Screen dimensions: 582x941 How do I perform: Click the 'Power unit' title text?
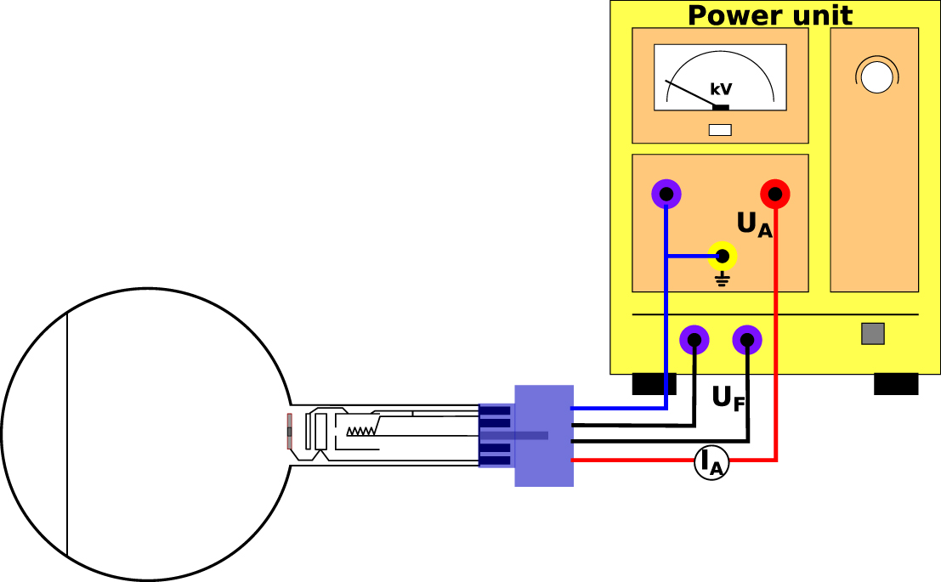[769, 14]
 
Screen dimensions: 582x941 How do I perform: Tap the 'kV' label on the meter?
[721, 89]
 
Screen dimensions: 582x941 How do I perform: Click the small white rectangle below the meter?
[720, 130]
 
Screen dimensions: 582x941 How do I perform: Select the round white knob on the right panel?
[876, 76]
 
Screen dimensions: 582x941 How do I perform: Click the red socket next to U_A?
[775, 195]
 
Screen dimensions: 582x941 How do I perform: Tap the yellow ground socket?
[723, 255]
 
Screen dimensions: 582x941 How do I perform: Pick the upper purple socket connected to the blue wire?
[666, 195]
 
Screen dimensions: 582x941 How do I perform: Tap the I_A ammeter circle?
[711, 462]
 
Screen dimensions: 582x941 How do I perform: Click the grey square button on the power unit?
[873, 333]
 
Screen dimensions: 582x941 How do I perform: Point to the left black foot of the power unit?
[654, 384]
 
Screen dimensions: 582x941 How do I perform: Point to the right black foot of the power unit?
[896, 384]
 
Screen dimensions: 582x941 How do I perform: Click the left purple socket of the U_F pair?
[694, 341]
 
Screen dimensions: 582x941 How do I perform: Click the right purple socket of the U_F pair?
[747, 341]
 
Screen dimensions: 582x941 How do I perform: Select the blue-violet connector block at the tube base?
[544, 435]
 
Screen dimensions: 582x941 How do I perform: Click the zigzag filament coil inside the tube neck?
[361, 431]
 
